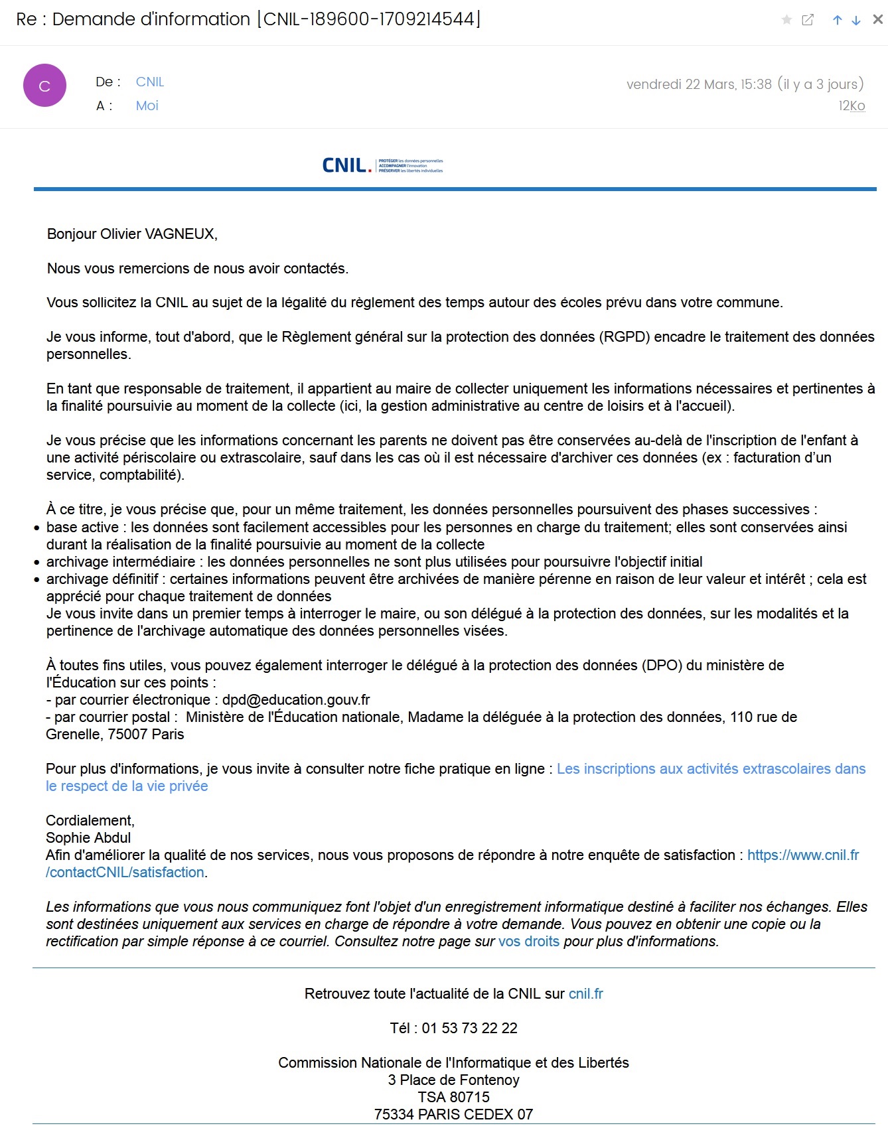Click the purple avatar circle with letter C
pos(44,86)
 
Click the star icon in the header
pos(786,20)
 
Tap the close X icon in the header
pos(877,20)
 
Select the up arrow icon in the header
pos(838,21)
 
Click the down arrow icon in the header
pos(856,21)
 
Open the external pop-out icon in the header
pos(808,20)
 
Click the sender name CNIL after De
pos(150,82)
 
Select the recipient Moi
pos(147,106)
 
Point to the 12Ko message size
pos(851,106)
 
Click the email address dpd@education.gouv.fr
pos(296,699)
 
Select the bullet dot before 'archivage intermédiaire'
pos(37,562)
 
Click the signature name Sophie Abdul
pos(88,837)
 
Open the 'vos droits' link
pos(529,941)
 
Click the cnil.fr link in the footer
pos(586,993)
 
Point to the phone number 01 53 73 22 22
pos(469,1028)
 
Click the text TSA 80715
pos(453,1097)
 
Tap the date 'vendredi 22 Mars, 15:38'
pos(699,84)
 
